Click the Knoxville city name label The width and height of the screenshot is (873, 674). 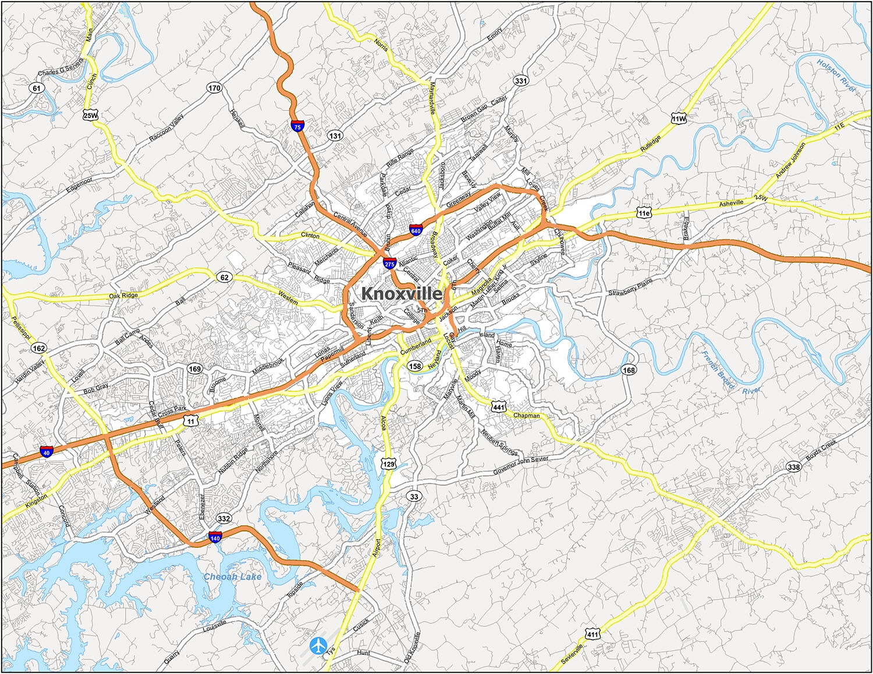click(x=402, y=294)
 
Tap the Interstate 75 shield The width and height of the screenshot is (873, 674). click(x=298, y=125)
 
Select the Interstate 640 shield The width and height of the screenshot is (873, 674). click(x=416, y=230)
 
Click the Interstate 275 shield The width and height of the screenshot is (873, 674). click(x=389, y=263)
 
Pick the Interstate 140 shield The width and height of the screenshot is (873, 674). click(x=215, y=538)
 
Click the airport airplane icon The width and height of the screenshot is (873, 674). click(x=318, y=645)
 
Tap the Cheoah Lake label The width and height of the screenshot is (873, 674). click(x=232, y=576)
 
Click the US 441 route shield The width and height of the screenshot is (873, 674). click(x=499, y=407)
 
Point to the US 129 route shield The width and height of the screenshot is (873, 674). click(x=388, y=463)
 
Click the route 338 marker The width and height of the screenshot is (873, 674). click(x=793, y=466)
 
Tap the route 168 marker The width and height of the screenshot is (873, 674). click(x=629, y=370)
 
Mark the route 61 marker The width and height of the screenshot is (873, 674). click(x=37, y=88)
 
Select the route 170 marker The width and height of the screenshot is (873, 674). click(x=214, y=88)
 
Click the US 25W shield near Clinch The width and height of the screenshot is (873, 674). click(x=90, y=115)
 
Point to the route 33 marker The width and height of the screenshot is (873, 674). click(x=413, y=497)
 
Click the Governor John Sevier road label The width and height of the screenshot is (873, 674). click(x=520, y=465)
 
